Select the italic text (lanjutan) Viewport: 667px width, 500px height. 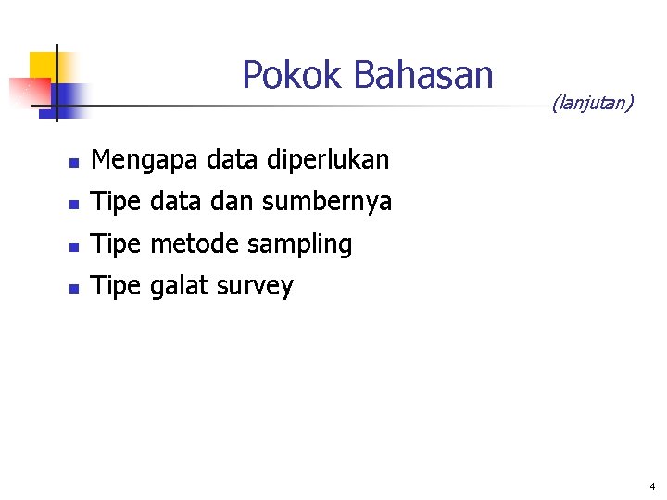click(592, 103)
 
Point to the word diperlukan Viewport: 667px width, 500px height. click(327, 160)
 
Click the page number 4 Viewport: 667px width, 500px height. click(652, 486)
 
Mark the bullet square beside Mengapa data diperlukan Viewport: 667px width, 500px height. click(73, 164)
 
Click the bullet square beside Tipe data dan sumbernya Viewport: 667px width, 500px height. click(73, 205)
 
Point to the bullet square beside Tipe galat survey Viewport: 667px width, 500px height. click(73, 290)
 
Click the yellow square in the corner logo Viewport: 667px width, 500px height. click(43, 64)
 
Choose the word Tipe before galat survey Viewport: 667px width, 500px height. click(116, 287)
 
